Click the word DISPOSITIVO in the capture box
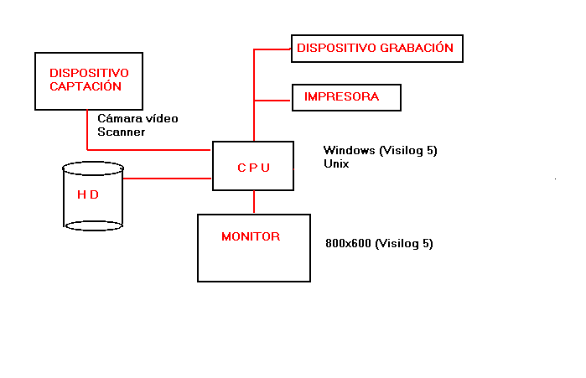pos(84,72)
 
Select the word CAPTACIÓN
pos(86,86)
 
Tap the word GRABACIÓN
pos(417,48)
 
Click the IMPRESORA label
pos(341,96)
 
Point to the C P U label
pos(253,167)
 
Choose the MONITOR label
pos(251,236)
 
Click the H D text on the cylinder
pos(88,194)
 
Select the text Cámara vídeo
pos(137,119)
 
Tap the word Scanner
pos(122,132)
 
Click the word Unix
pos(336,164)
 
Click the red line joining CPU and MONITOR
pos(253,202)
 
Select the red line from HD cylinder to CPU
pos(167,178)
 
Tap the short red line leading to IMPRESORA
pos(272,101)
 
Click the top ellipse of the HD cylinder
pos(93,168)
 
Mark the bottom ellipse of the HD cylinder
pos(93,225)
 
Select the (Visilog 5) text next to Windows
pos(408,151)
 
